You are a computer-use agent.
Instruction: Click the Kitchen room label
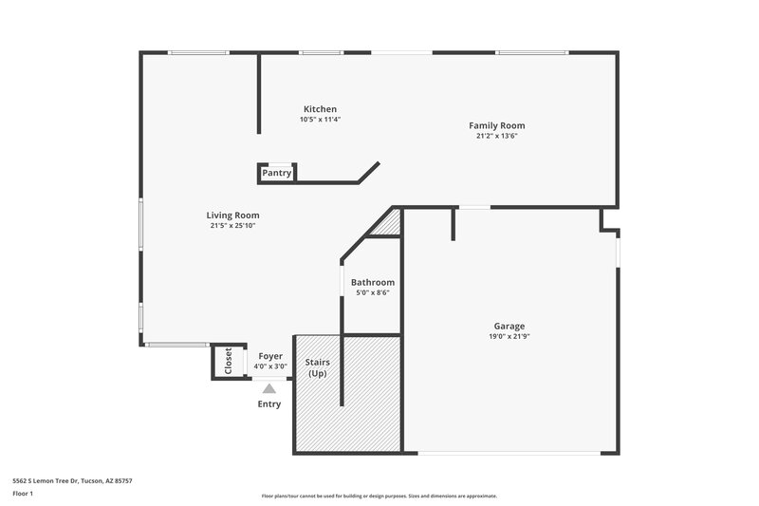point(320,109)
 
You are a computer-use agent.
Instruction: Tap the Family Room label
point(496,125)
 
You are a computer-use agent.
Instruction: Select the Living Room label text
point(232,216)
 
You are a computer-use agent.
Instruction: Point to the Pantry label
point(276,173)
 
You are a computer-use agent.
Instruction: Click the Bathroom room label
point(372,283)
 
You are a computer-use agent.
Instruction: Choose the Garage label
point(509,327)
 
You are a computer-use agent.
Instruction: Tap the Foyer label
point(269,356)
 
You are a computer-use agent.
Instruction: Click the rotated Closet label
point(228,361)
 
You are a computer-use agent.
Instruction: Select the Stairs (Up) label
point(317,367)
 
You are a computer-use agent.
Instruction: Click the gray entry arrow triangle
point(269,388)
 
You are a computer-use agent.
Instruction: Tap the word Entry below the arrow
point(269,404)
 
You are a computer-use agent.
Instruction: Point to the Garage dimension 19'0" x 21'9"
point(509,337)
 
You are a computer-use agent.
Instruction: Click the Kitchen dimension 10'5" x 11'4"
point(320,120)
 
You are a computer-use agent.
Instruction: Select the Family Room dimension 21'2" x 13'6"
point(496,136)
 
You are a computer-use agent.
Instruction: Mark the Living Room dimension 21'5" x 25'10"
point(232,226)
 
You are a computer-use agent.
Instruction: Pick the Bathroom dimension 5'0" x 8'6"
point(372,293)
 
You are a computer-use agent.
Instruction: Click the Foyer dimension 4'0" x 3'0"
point(269,365)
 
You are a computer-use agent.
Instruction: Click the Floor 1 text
point(22,495)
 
